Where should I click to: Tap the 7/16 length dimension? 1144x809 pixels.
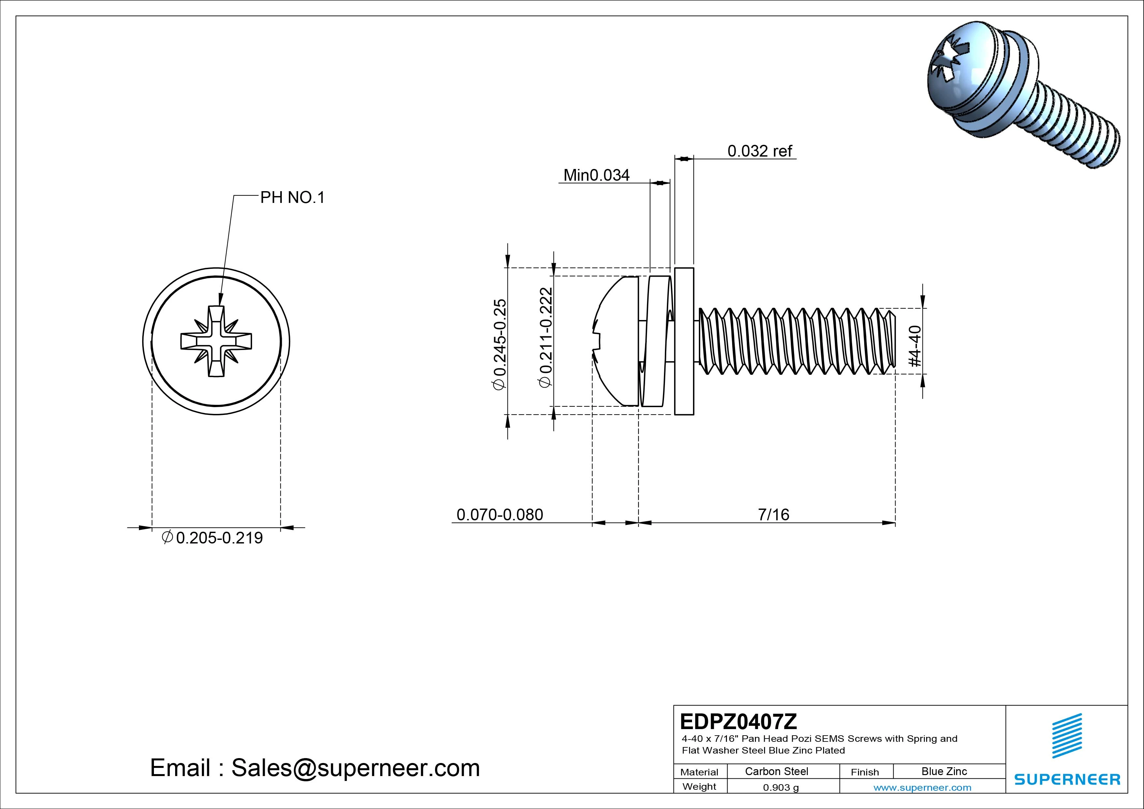[x=773, y=514]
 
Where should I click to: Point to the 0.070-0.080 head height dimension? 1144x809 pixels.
[x=499, y=514]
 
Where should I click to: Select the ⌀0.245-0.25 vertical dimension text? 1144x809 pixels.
[x=499, y=344]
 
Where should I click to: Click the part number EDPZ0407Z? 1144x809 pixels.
[x=738, y=721]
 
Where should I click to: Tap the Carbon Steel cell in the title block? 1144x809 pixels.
[x=776, y=771]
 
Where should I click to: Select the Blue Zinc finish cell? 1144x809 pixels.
[x=944, y=771]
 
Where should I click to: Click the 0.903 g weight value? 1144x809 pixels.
[x=781, y=787]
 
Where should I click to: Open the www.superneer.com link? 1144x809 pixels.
[x=922, y=787]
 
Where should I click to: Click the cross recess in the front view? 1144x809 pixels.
[x=216, y=341]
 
